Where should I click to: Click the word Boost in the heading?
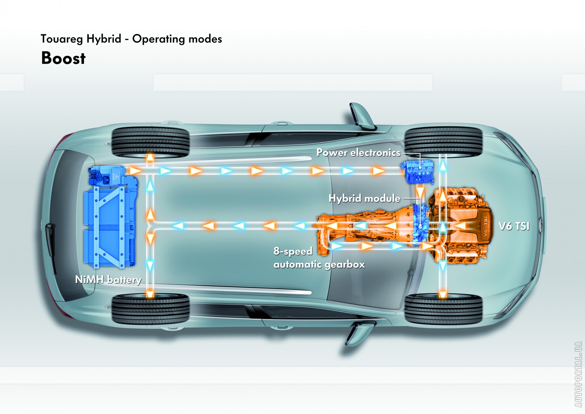pyautogui.click(x=63, y=58)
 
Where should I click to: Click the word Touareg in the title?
pyautogui.click(x=62, y=39)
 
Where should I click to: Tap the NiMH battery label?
pyautogui.click(x=108, y=280)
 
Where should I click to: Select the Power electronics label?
pyautogui.click(x=358, y=153)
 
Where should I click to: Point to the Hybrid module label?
pyautogui.click(x=364, y=199)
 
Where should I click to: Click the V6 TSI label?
pyautogui.click(x=514, y=226)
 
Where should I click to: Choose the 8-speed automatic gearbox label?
pyautogui.click(x=319, y=258)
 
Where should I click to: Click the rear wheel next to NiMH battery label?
pyautogui.click(x=150, y=309)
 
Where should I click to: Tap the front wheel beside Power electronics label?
pyautogui.click(x=443, y=142)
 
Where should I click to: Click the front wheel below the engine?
pyautogui.click(x=443, y=309)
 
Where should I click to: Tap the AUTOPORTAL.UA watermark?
pyautogui.click(x=578, y=374)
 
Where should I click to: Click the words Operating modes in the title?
pyautogui.click(x=177, y=39)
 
